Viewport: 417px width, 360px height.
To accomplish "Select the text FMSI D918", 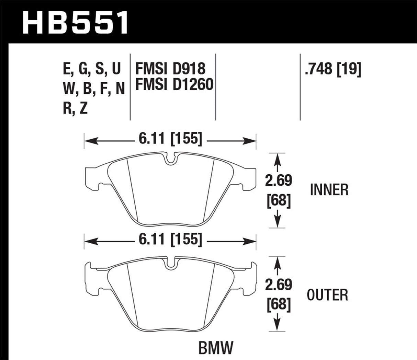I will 170,69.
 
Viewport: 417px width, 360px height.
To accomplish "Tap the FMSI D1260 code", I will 174,85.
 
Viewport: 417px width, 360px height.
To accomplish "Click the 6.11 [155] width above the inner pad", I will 170,139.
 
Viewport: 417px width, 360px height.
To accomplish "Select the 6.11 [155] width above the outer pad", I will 170,239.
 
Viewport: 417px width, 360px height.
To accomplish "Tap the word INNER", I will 329,190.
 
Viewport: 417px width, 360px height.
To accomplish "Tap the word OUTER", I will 327,295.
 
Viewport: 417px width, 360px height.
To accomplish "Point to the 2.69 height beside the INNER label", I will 278,181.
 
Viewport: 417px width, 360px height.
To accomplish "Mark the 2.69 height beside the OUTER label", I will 278,284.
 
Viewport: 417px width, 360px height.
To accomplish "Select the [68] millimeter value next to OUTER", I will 279,304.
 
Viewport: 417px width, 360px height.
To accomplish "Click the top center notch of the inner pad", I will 170,159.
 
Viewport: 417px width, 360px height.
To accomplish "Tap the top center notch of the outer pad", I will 170,264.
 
